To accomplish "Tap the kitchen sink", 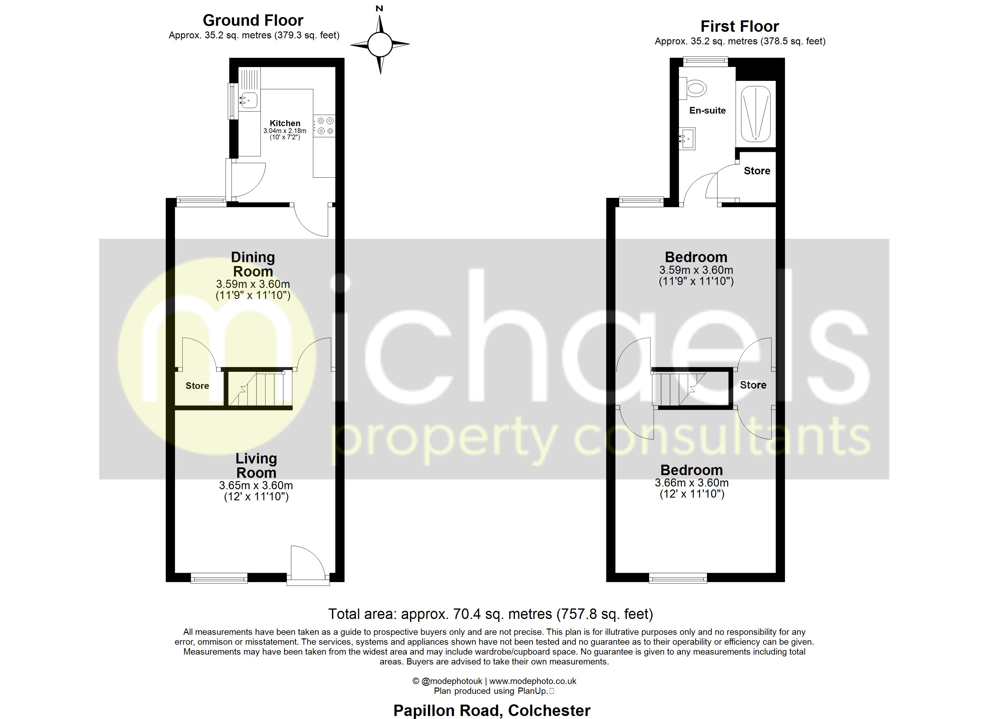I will tap(248, 101).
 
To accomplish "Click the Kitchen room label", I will tap(285, 123).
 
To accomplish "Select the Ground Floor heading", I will tap(253, 20).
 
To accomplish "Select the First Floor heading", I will tap(740, 27).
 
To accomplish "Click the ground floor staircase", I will tap(258, 388).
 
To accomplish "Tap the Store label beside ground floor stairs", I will tap(197, 386).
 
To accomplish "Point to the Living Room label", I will tap(256, 466).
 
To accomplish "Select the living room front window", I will tap(219, 578).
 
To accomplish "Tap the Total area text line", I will tap(491, 614).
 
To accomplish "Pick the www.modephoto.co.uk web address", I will tap(533, 681).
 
